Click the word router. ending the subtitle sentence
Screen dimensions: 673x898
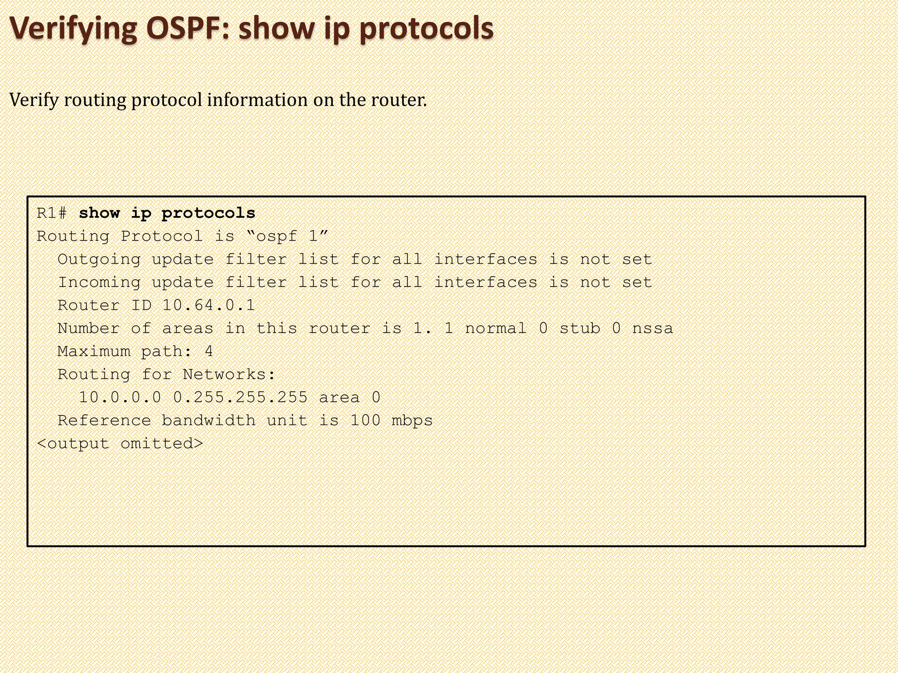[399, 100]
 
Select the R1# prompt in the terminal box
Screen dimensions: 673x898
[52, 213]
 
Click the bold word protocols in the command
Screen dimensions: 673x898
[208, 214]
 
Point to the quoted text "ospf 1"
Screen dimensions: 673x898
[287, 237]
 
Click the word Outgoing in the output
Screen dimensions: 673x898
[99, 260]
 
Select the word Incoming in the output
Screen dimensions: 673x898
[99, 283]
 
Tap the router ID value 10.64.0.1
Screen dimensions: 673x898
[208, 305]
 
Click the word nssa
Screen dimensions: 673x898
[652, 329]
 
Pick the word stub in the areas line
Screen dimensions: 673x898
[579, 329]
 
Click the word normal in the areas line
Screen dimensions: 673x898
[495, 329]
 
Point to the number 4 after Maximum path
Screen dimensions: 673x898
[209, 351]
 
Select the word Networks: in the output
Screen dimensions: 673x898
[229, 375]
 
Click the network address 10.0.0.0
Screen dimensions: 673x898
[120, 397]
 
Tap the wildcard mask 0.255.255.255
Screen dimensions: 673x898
[240, 397]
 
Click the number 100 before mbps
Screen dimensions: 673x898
[365, 421]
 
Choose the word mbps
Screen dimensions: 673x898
[412, 421]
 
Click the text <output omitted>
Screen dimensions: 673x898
[120, 444]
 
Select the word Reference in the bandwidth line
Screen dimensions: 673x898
[104, 421]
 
